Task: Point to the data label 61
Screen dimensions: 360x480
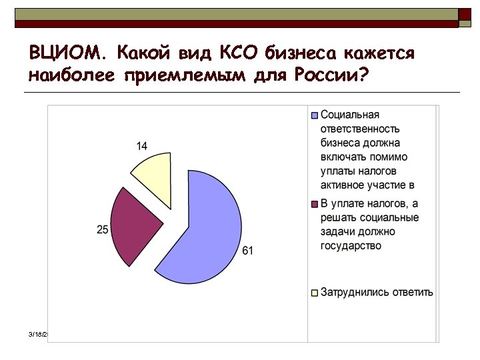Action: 247,251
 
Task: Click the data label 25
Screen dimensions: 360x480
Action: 102,229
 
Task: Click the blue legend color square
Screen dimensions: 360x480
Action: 315,115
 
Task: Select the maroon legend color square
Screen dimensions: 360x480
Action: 315,204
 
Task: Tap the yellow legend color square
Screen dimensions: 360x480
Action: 315,293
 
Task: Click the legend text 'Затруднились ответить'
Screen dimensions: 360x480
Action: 377,292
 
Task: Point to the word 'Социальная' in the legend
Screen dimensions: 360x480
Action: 350,115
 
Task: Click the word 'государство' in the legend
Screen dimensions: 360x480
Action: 351,246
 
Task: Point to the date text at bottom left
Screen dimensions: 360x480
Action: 39,333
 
